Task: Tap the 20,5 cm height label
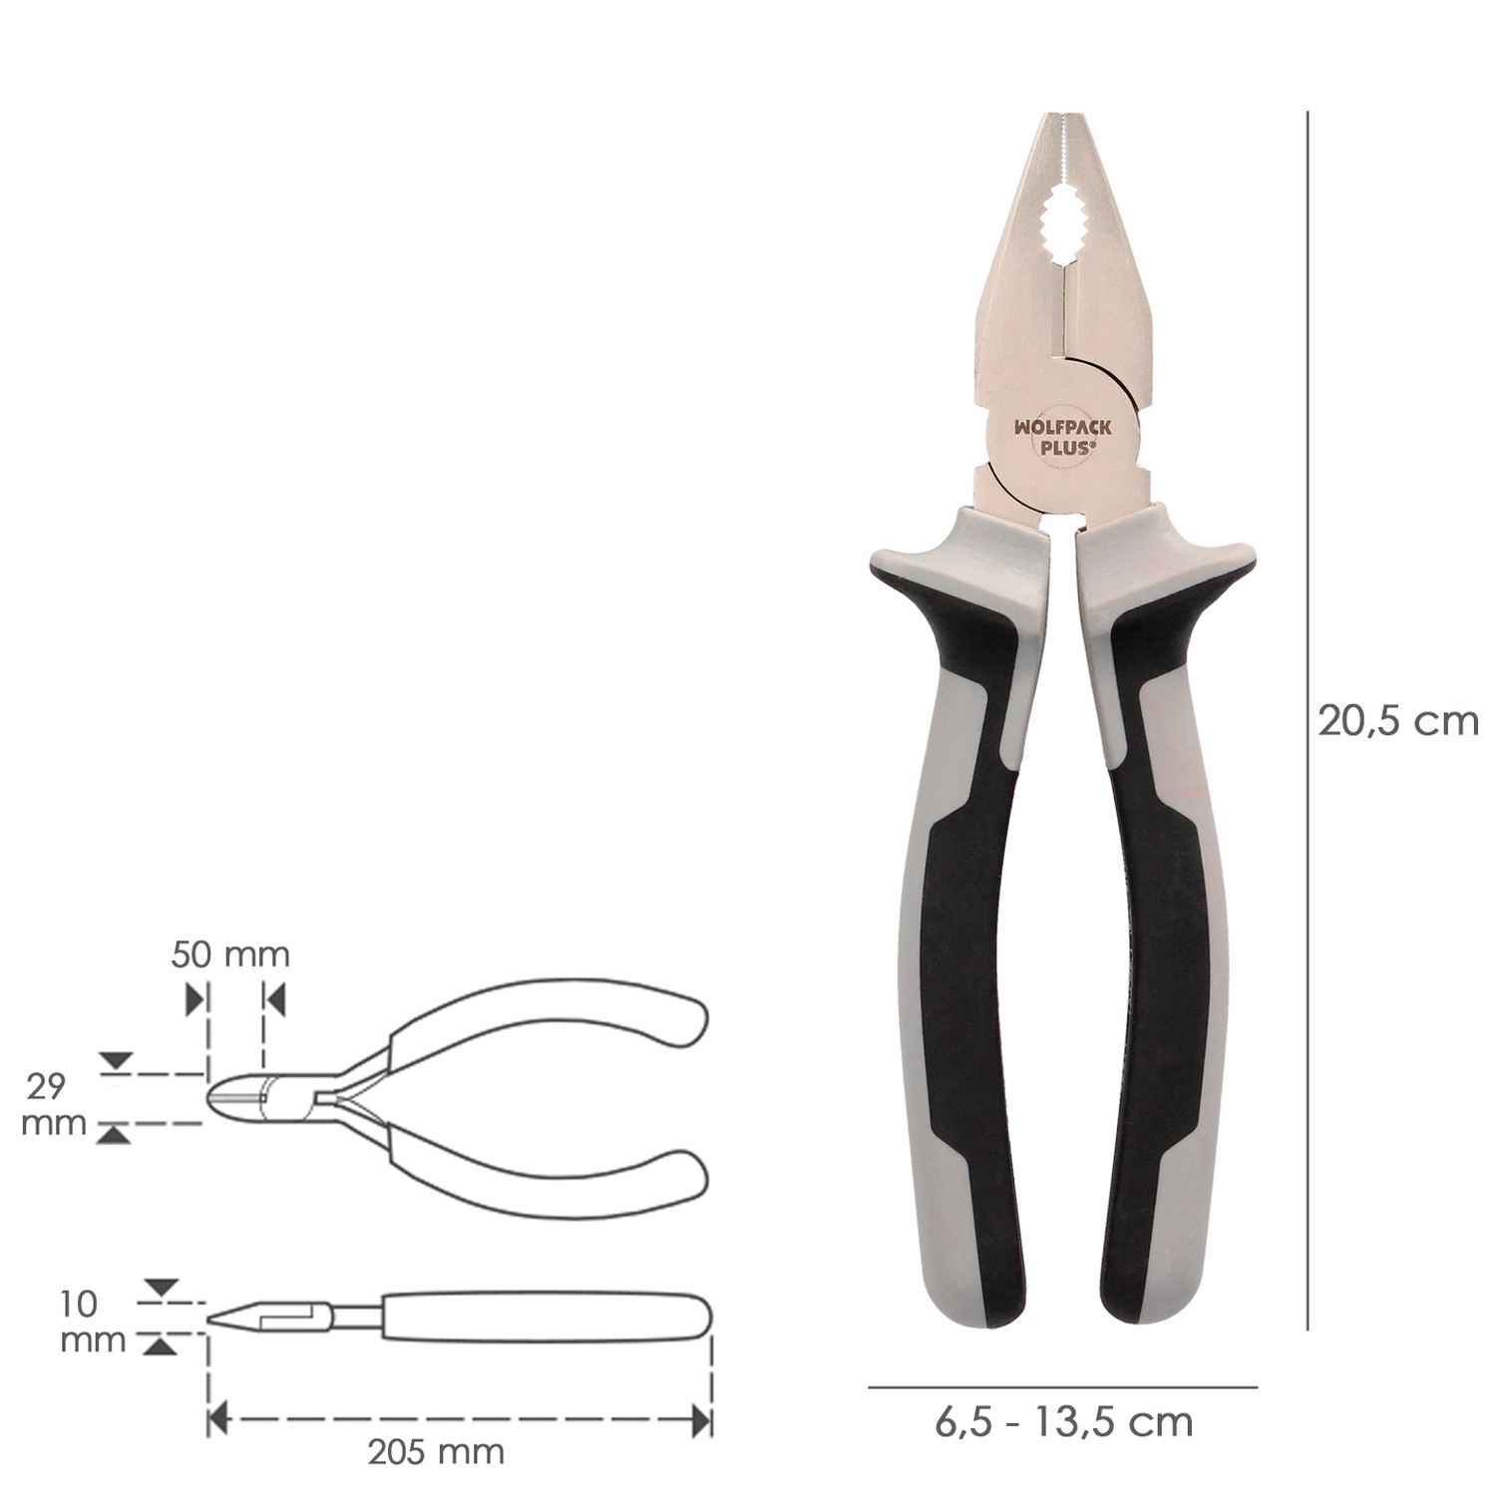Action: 1397,720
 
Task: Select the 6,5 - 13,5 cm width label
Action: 1063,1421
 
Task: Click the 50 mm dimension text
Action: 230,954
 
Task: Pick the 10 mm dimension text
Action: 93,1321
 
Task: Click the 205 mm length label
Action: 436,1451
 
